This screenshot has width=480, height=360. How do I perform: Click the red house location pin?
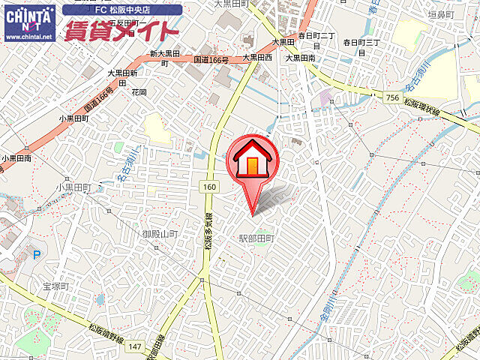coord(252,163)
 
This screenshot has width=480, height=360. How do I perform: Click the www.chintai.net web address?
coord(29,36)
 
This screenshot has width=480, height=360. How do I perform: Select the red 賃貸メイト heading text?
coord(121,31)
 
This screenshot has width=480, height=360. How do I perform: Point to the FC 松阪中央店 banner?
coord(122,10)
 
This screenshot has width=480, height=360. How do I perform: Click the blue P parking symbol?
coord(36,255)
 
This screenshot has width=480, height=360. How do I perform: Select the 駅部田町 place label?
coord(256,238)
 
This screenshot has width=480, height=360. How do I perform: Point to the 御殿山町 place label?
coord(160,234)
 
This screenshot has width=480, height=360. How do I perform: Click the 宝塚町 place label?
coord(55,286)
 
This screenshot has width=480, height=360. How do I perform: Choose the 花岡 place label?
coord(139,92)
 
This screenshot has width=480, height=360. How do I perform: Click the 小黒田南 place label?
coord(16,158)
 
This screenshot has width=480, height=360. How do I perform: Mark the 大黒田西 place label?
coord(256,57)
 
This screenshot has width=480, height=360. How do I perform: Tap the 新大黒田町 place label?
coord(163,58)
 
